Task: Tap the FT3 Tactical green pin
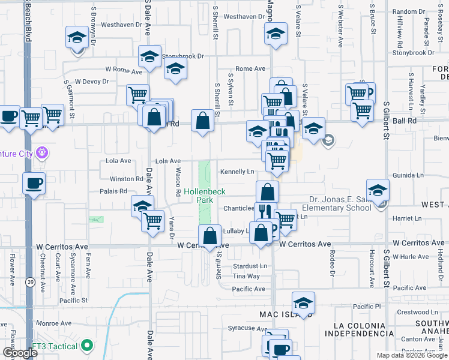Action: point(88,346)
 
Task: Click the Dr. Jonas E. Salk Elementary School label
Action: point(332,203)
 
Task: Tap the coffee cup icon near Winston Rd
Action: point(34,182)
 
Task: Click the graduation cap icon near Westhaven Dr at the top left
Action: point(77,38)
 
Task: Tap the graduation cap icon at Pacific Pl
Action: point(304,303)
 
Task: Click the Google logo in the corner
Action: point(20,353)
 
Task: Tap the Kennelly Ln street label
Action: point(237,172)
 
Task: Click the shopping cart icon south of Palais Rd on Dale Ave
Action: point(153,220)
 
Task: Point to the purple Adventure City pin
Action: point(41,152)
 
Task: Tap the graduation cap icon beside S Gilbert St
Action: point(378,191)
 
